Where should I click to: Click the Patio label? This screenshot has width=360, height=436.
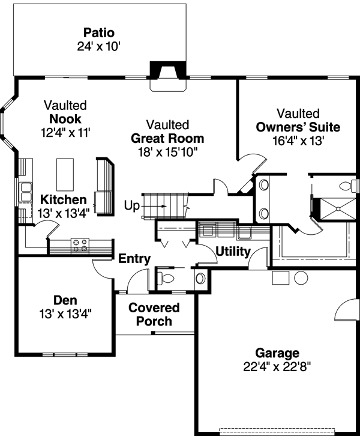[99, 32]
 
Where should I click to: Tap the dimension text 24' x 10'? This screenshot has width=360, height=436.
[98, 46]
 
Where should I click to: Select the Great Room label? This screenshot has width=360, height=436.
[167, 138]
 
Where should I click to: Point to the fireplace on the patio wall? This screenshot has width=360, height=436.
[168, 76]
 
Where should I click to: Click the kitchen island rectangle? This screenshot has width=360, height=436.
[65, 175]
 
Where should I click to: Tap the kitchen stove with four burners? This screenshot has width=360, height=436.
[80, 246]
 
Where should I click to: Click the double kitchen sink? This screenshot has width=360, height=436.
[26, 192]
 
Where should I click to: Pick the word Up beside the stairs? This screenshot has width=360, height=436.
[131, 206]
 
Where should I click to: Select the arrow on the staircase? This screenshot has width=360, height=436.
[154, 207]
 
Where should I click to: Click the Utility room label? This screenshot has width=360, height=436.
[233, 252]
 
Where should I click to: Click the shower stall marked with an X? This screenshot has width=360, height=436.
[338, 208]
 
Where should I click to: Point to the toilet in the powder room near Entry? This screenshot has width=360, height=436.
[166, 278]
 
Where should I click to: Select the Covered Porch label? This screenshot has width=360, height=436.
[154, 315]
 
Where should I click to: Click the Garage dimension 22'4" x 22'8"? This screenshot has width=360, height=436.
[277, 366]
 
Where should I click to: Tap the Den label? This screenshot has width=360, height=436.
[65, 300]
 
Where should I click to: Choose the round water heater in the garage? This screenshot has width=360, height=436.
[301, 278]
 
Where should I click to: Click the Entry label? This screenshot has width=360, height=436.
[134, 259]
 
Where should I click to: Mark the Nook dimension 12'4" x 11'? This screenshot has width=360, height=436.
[65, 132]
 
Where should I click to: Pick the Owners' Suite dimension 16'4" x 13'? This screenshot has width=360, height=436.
[298, 141]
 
